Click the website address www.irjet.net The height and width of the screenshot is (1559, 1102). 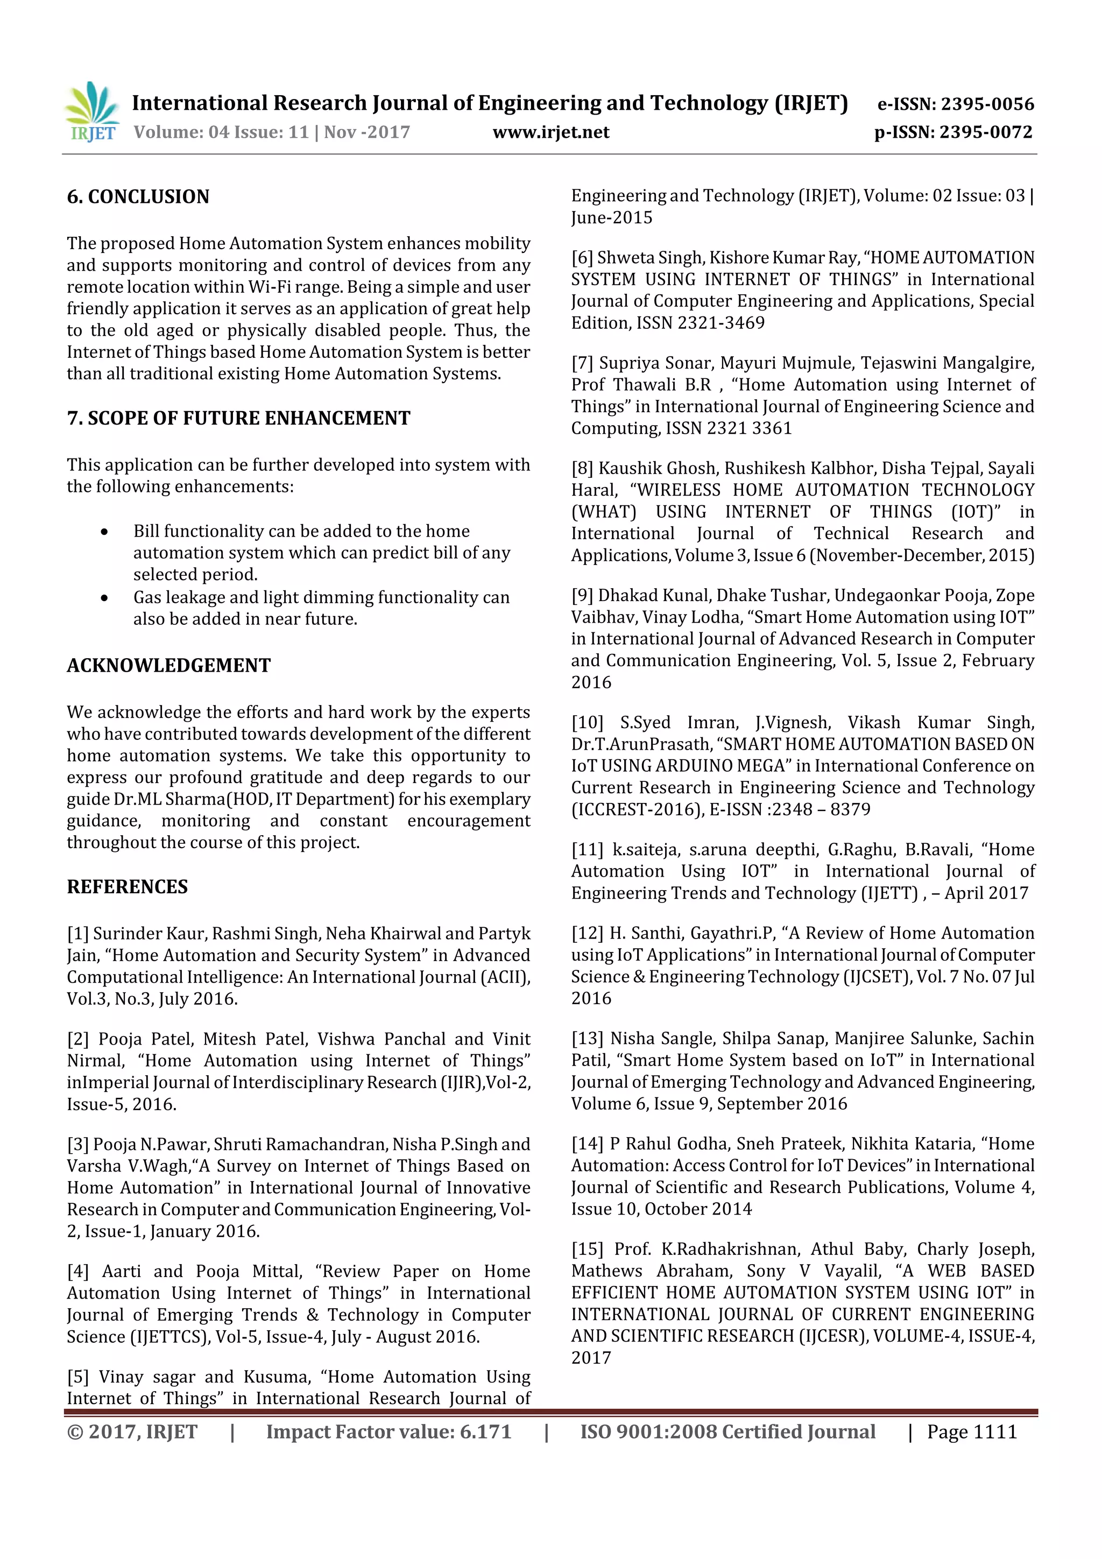point(550,132)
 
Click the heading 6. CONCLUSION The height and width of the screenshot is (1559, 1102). point(138,197)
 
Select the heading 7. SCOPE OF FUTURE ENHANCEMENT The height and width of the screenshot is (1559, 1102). point(238,418)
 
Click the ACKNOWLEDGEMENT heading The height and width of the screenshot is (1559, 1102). point(168,666)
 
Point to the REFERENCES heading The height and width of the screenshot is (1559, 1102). point(127,887)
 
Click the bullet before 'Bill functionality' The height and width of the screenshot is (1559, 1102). point(104,532)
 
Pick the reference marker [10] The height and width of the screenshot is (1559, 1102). point(587,723)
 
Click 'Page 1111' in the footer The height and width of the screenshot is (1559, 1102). point(972,1432)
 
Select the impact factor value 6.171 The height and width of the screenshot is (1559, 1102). point(485,1432)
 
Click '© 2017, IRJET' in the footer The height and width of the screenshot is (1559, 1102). point(132,1432)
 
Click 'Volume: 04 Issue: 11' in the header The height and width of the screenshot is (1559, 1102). point(221,132)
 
